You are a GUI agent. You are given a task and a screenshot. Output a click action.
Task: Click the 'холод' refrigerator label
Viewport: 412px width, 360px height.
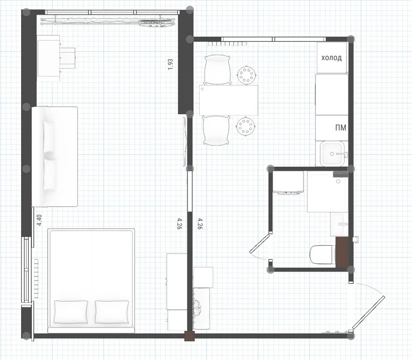(331, 58)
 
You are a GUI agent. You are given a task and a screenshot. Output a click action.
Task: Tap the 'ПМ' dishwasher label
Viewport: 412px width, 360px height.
(341, 127)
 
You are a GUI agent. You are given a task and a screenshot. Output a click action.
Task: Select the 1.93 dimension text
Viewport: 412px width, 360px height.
(170, 64)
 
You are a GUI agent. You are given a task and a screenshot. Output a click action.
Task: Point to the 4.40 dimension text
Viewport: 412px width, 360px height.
(39, 220)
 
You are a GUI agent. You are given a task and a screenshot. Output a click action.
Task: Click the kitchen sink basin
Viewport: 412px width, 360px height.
(332, 153)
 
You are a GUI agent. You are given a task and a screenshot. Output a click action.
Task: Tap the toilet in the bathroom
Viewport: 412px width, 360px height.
(322, 254)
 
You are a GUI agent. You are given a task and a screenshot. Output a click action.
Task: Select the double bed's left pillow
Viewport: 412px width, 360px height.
(71, 312)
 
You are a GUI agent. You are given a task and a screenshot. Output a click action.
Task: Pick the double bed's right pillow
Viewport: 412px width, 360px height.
(112, 312)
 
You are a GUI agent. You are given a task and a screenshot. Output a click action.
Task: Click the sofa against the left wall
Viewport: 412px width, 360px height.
(54, 157)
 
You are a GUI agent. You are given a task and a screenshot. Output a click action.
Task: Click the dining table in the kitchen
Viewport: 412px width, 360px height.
(228, 100)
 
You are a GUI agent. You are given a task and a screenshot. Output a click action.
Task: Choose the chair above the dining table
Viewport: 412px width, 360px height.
(217, 70)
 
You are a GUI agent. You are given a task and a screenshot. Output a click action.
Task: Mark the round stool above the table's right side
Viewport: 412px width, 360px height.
(247, 75)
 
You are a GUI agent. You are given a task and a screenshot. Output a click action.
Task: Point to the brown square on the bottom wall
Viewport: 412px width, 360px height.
(189, 336)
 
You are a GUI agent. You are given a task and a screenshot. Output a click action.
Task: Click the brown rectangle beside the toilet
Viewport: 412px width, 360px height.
(342, 252)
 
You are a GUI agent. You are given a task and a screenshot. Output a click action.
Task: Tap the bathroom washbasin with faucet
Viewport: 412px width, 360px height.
(339, 224)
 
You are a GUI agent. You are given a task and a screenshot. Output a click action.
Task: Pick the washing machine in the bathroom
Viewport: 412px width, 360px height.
(288, 183)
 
